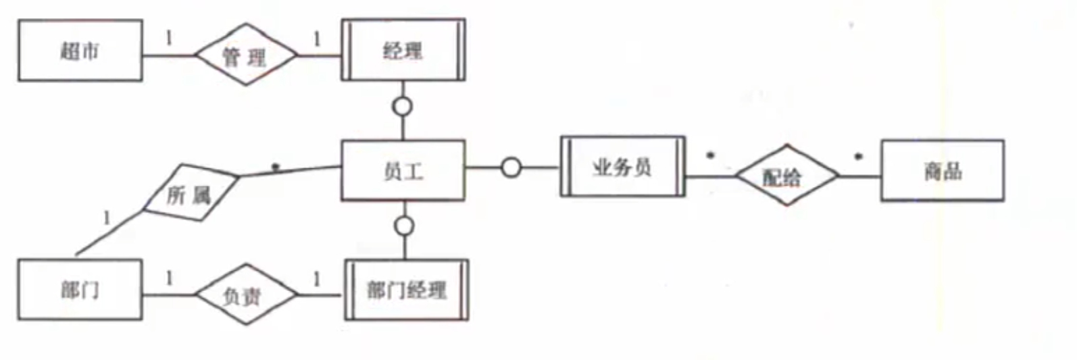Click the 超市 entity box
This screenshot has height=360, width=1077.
pyautogui.click(x=80, y=51)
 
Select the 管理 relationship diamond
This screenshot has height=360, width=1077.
pyautogui.click(x=246, y=55)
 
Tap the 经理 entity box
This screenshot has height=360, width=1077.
pyautogui.click(x=403, y=50)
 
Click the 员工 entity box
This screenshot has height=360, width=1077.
pyautogui.click(x=403, y=171)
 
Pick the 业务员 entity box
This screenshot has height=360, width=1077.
pyautogui.click(x=622, y=167)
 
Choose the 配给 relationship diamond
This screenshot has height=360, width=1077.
pyautogui.click(x=786, y=176)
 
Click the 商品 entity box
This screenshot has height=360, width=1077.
pyautogui.click(x=942, y=171)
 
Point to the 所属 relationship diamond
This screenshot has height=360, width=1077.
pyautogui.click(x=190, y=193)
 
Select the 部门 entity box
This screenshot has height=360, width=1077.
pyautogui.click(x=80, y=290)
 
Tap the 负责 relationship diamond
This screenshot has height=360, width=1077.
pyautogui.click(x=246, y=295)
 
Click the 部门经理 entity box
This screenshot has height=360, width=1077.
pyautogui.click(x=406, y=290)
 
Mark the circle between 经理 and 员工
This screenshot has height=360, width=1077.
pyautogui.click(x=403, y=106)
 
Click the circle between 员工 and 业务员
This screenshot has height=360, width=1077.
pyautogui.click(x=511, y=167)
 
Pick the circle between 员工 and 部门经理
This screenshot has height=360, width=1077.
pyautogui.click(x=404, y=226)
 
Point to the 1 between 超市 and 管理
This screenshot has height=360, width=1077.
pyautogui.click(x=169, y=38)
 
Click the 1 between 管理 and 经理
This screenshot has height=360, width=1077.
pyautogui.click(x=317, y=39)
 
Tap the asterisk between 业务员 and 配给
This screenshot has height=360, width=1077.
pyautogui.click(x=710, y=157)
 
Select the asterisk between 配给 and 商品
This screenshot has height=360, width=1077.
pyautogui.click(x=858, y=158)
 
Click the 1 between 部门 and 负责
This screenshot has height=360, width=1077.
pyautogui.click(x=169, y=278)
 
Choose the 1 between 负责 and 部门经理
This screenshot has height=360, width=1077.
pyautogui.click(x=317, y=278)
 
